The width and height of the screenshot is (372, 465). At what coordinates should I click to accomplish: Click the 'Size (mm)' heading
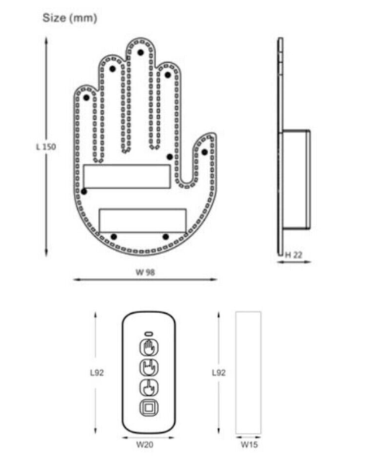69,18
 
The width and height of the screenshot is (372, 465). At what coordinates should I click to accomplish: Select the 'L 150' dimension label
46,147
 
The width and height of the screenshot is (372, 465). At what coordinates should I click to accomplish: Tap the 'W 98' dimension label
145,272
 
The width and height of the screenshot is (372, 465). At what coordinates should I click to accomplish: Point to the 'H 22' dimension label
293,255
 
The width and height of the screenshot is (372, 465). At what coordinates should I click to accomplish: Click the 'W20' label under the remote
144,445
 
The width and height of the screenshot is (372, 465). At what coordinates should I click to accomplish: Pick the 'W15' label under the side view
249,445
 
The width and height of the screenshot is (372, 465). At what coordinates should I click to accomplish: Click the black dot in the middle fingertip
141,53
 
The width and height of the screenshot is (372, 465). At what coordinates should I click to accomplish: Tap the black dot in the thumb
205,152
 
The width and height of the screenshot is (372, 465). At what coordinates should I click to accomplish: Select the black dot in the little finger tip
86,97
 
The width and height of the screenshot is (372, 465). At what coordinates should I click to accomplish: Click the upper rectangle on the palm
127,177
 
